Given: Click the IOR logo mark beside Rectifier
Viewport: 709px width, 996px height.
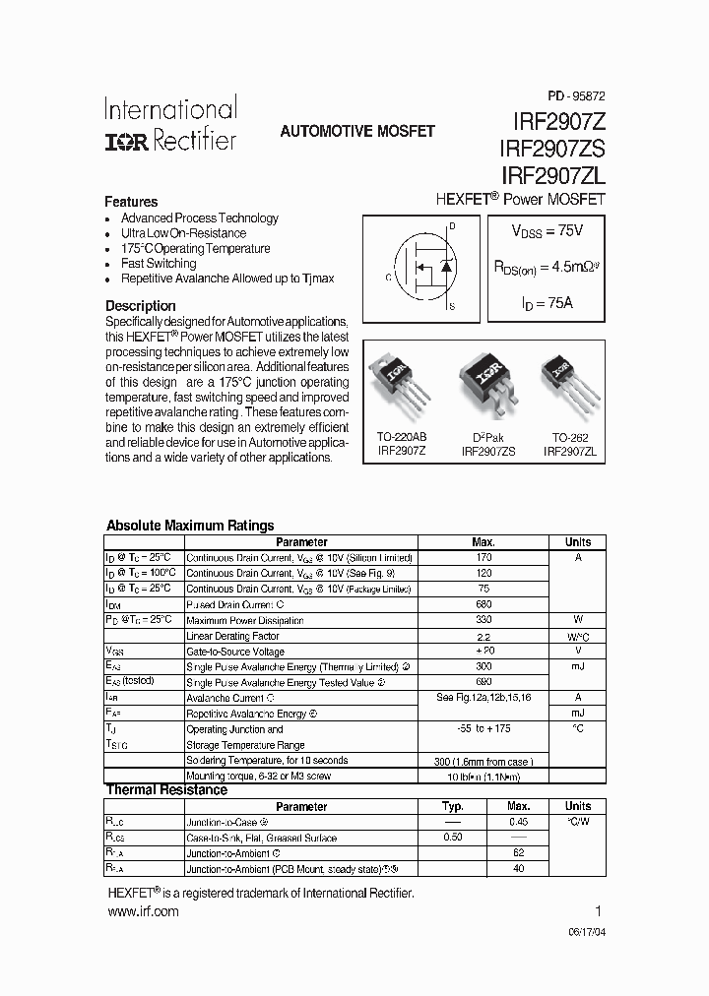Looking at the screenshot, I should [127, 142].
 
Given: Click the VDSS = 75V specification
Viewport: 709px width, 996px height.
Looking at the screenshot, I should [547, 231].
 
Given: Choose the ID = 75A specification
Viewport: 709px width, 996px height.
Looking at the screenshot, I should [547, 303].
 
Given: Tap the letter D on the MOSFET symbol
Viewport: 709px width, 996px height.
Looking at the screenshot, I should [452, 227].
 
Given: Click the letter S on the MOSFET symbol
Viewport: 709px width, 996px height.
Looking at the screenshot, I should [452, 307].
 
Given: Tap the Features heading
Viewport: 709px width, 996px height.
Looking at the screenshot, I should [131, 201].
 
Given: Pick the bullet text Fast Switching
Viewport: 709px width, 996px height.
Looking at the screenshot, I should [159, 264].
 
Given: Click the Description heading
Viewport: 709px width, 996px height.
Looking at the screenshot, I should [141, 306].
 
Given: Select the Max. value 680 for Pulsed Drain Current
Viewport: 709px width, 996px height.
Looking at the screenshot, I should [483, 604].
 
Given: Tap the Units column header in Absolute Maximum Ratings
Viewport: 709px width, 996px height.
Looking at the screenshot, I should [578, 542].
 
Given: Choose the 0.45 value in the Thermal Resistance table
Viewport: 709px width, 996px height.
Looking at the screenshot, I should [519, 822].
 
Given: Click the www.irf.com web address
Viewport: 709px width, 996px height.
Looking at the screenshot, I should [143, 912].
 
